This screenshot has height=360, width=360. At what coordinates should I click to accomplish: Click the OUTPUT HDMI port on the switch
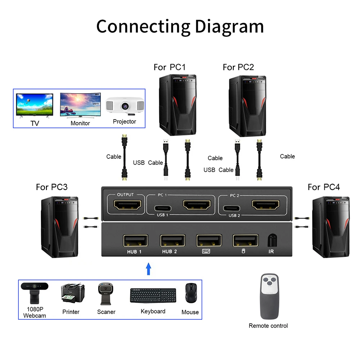pos(127,205)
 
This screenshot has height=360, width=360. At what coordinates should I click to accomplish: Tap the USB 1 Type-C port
pos(163,208)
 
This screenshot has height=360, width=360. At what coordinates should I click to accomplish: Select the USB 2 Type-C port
pos(231,208)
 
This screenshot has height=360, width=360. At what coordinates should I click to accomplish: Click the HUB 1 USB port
pos(135,240)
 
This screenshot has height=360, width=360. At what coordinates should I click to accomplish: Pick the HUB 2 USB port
pos(173,240)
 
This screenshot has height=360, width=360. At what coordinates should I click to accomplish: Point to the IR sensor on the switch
pos(272,240)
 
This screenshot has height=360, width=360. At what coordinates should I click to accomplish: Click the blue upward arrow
pos(149,269)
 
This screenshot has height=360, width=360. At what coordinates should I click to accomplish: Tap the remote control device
pos(270,296)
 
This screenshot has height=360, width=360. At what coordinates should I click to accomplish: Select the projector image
pos(125,106)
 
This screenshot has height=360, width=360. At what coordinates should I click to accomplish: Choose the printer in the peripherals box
pos(73,293)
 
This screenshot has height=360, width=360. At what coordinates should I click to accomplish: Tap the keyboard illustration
pos(153,296)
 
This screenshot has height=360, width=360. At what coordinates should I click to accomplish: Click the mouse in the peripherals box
pos(191,293)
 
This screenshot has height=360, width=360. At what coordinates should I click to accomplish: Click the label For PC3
pos(51,187)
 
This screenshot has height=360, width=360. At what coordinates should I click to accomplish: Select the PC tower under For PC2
pos(248,106)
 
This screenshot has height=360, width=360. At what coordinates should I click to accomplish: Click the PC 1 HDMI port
pos(197,205)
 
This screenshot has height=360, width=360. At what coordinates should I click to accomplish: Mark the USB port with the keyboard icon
pos(209,240)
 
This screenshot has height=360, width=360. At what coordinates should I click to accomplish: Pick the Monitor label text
pos(80,123)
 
